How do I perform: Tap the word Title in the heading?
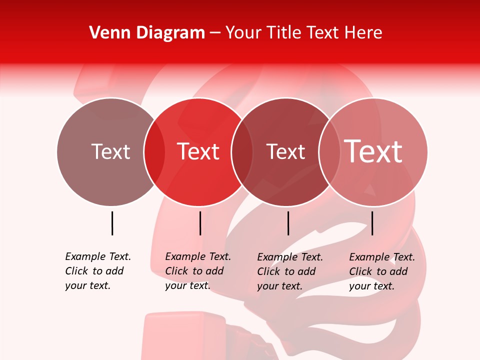click(x=284, y=33)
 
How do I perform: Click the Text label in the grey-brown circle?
click(x=110, y=151)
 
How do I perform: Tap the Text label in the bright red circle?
click(x=198, y=151)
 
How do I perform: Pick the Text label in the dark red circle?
click(x=285, y=151)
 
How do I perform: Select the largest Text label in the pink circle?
click(x=373, y=151)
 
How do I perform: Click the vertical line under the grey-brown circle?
click(x=112, y=223)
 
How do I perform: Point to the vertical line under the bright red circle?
click(x=200, y=223)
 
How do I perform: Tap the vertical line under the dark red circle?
click(x=288, y=223)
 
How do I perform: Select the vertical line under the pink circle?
click(x=372, y=223)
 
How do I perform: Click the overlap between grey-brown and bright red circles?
click(x=154, y=152)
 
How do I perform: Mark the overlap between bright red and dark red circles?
click(x=242, y=152)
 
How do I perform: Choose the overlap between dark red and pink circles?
click(x=328, y=152)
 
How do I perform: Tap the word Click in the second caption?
click(x=176, y=271)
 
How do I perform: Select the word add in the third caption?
click(x=306, y=271)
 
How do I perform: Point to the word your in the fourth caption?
click(x=359, y=286)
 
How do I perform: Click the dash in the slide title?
click(x=215, y=33)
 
